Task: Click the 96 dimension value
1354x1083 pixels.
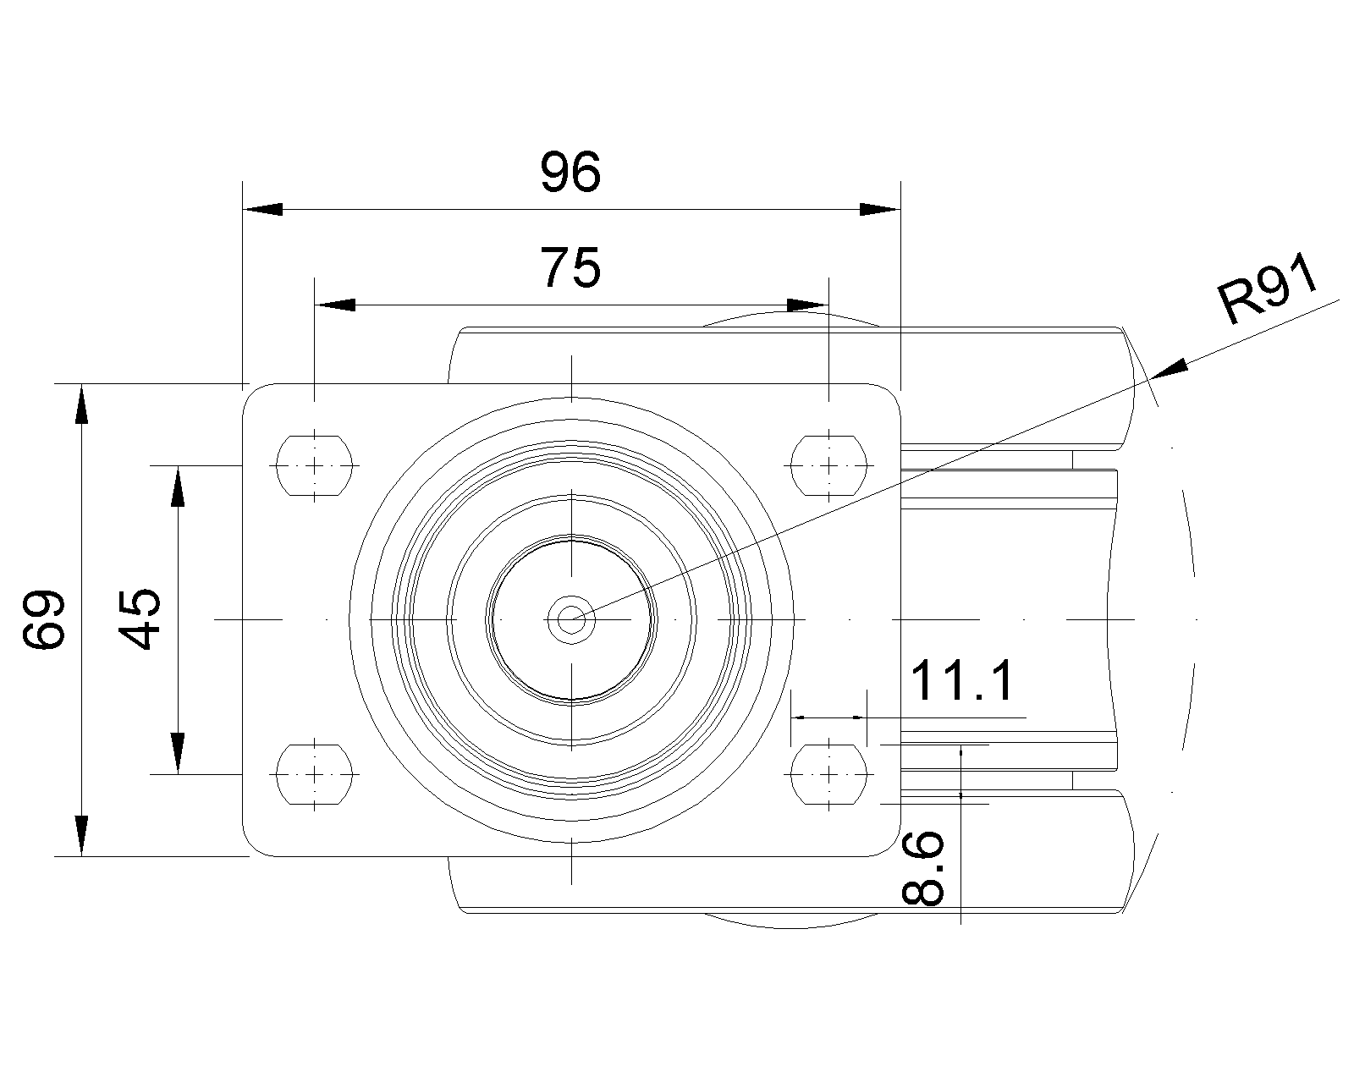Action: [x=570, y=172]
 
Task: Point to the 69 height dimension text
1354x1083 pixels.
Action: [x=44, y=619]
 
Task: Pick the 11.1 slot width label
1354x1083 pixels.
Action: [x=961, y=682]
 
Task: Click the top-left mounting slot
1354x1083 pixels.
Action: [x=314, y=465]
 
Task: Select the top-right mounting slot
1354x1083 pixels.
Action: [x=829, y=465]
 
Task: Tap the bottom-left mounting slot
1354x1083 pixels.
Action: [x=314, y=774]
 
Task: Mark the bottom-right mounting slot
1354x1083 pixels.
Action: [x=829, y=774]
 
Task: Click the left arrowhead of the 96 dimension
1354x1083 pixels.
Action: [x=262, y=209]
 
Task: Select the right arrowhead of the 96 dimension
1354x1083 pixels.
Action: [x=880, y=209]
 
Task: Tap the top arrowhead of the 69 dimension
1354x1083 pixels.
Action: [x=81, y=404]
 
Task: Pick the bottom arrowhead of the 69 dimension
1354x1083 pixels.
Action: [x=81, y=836]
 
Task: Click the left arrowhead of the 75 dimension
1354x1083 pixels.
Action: [x=334, y=305]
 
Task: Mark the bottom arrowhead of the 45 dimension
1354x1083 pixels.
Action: [x=178, y=753]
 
